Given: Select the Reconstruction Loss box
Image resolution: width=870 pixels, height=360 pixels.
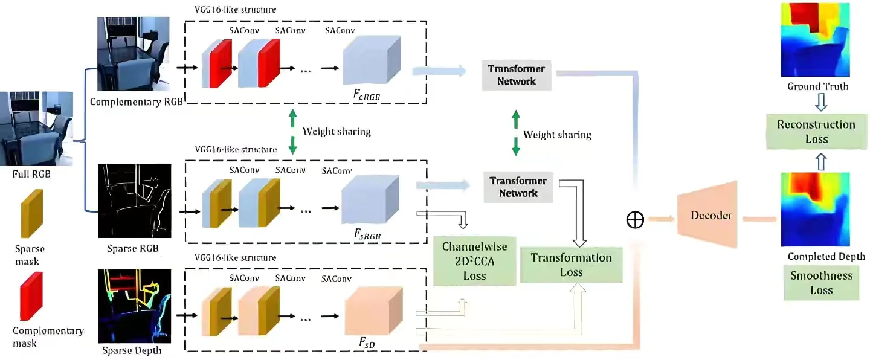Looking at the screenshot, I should [816, 132].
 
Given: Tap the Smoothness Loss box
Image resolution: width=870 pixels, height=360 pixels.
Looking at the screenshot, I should [821, 282].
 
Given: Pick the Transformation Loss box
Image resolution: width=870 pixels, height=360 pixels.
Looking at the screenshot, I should [571, 265].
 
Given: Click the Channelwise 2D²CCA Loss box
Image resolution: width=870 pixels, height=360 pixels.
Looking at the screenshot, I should [474, 261].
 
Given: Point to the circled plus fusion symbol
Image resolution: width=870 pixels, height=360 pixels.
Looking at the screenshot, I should [635, 220].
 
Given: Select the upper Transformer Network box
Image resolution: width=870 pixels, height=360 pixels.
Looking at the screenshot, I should [517, 75].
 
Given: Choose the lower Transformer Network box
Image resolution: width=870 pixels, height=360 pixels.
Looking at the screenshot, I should [518, 187].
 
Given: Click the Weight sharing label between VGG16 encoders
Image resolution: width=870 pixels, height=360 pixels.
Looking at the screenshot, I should [337, 131].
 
